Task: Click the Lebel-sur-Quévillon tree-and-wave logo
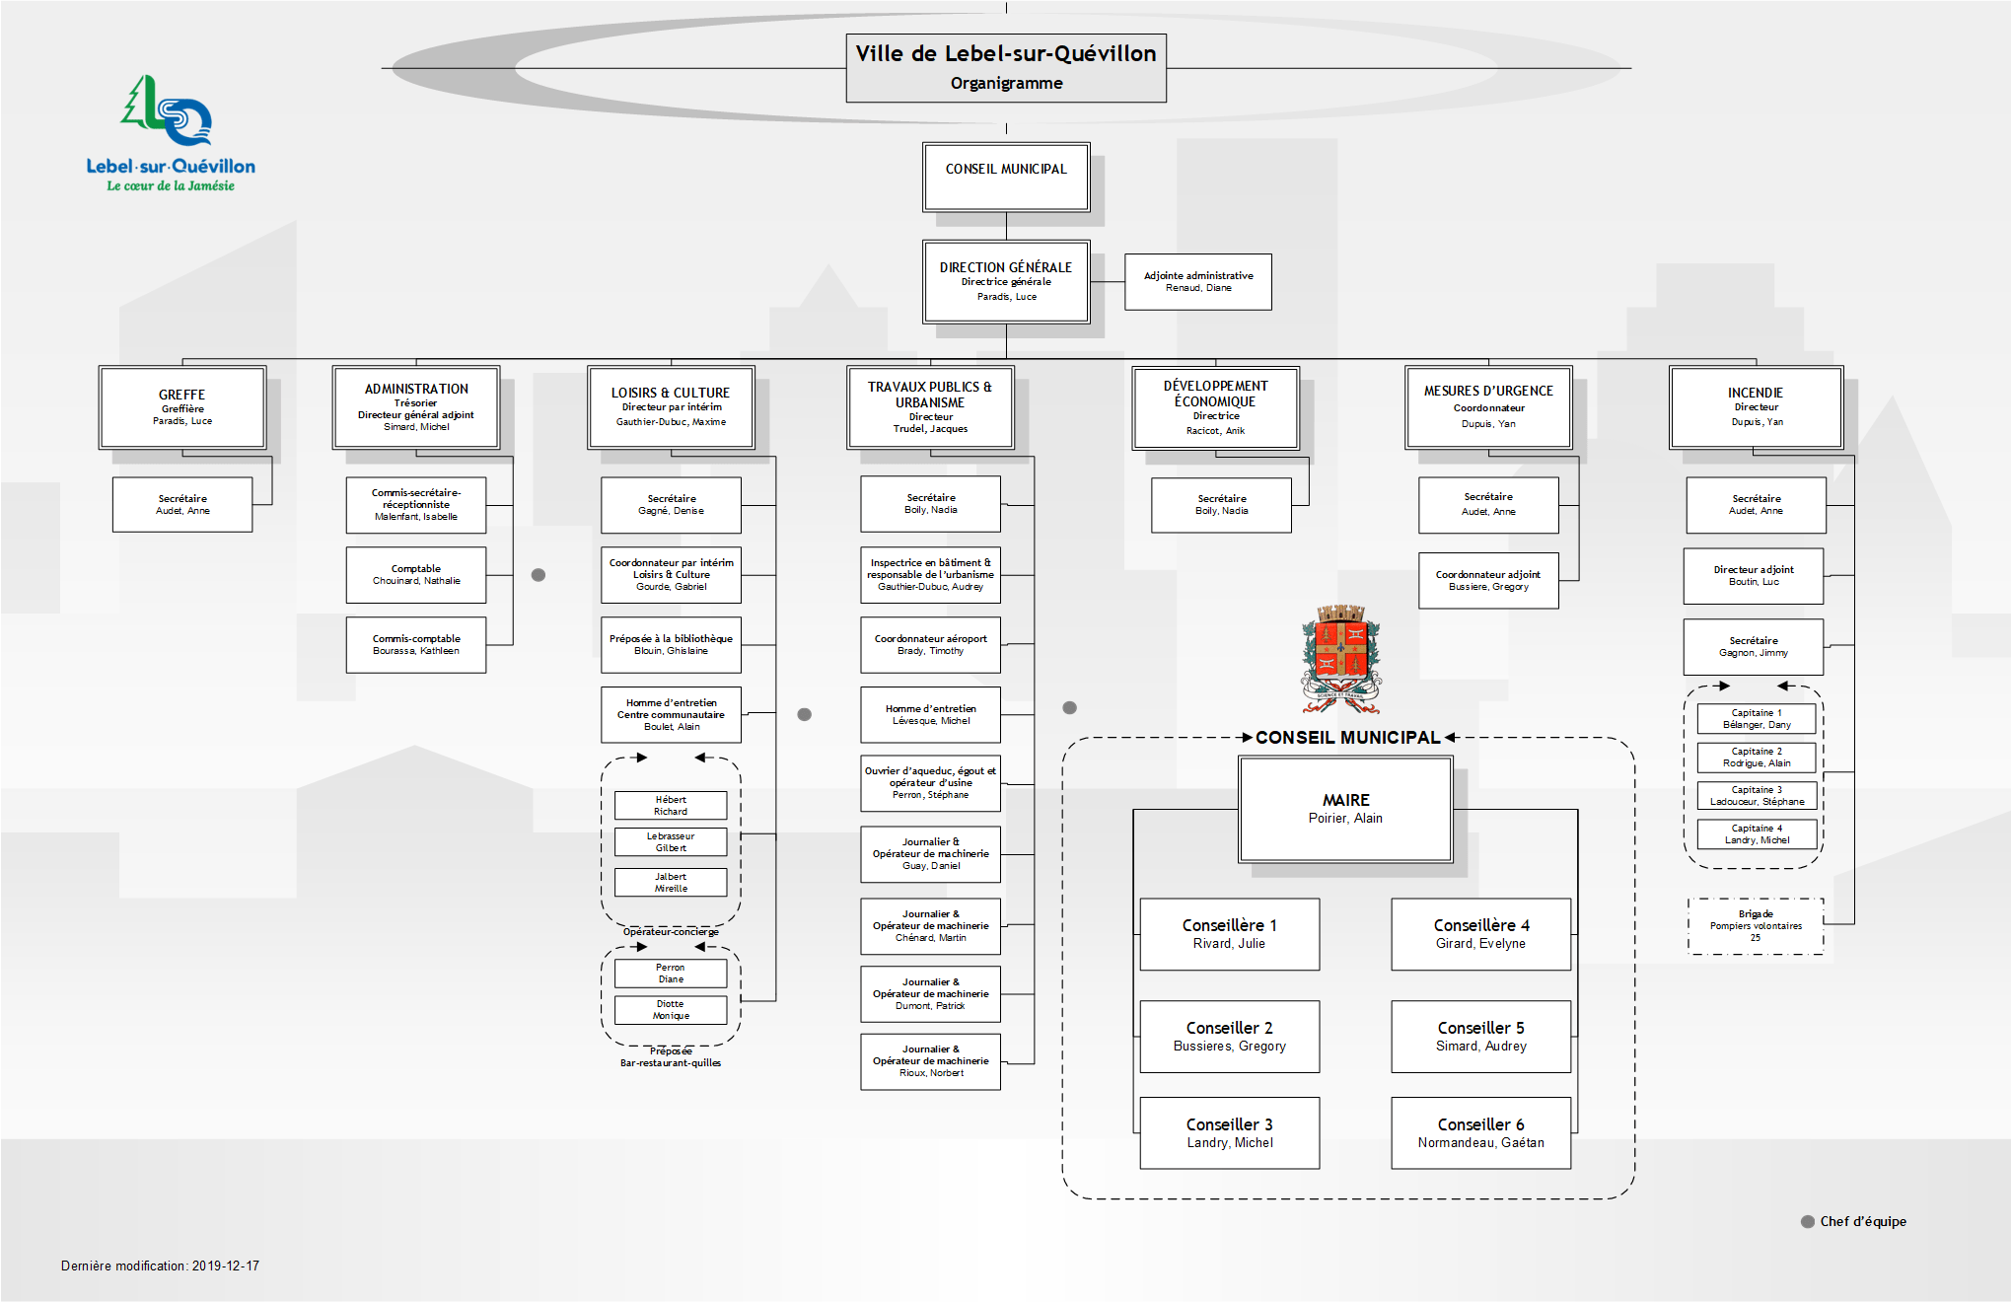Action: [x=169, y=113]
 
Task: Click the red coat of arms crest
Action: [x=1340, y=655]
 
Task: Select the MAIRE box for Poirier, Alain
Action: [x=1345, y=809]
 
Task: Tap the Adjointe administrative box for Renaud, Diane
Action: [x=1197, y=282]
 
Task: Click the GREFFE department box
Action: [x=182, y=407]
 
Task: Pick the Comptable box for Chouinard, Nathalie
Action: [x=415, y=575]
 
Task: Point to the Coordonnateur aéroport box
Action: [x=930, y=645]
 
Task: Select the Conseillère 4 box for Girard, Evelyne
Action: [x=1480, y=934]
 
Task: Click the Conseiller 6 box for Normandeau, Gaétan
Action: [x=1480, y=1132]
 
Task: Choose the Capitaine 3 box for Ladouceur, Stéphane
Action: [x=1757, y=796]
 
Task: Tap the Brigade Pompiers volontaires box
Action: [x=1756, y=926]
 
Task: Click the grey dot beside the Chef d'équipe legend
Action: [x=1808, y=1221]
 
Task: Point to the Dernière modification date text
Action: [x=160, y=1266]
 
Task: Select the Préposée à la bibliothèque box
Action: [x=671, y=645]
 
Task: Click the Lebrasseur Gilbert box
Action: [x=671, y=842]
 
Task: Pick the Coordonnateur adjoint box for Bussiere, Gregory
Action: [x=1487, y=581]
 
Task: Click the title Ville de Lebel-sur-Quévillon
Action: [x=1005, y=54]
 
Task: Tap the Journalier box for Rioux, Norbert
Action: [x=930, y=1061]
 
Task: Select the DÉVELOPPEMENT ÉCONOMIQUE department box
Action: [x=1215, y=407]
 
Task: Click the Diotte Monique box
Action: [x=671, y=1010]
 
